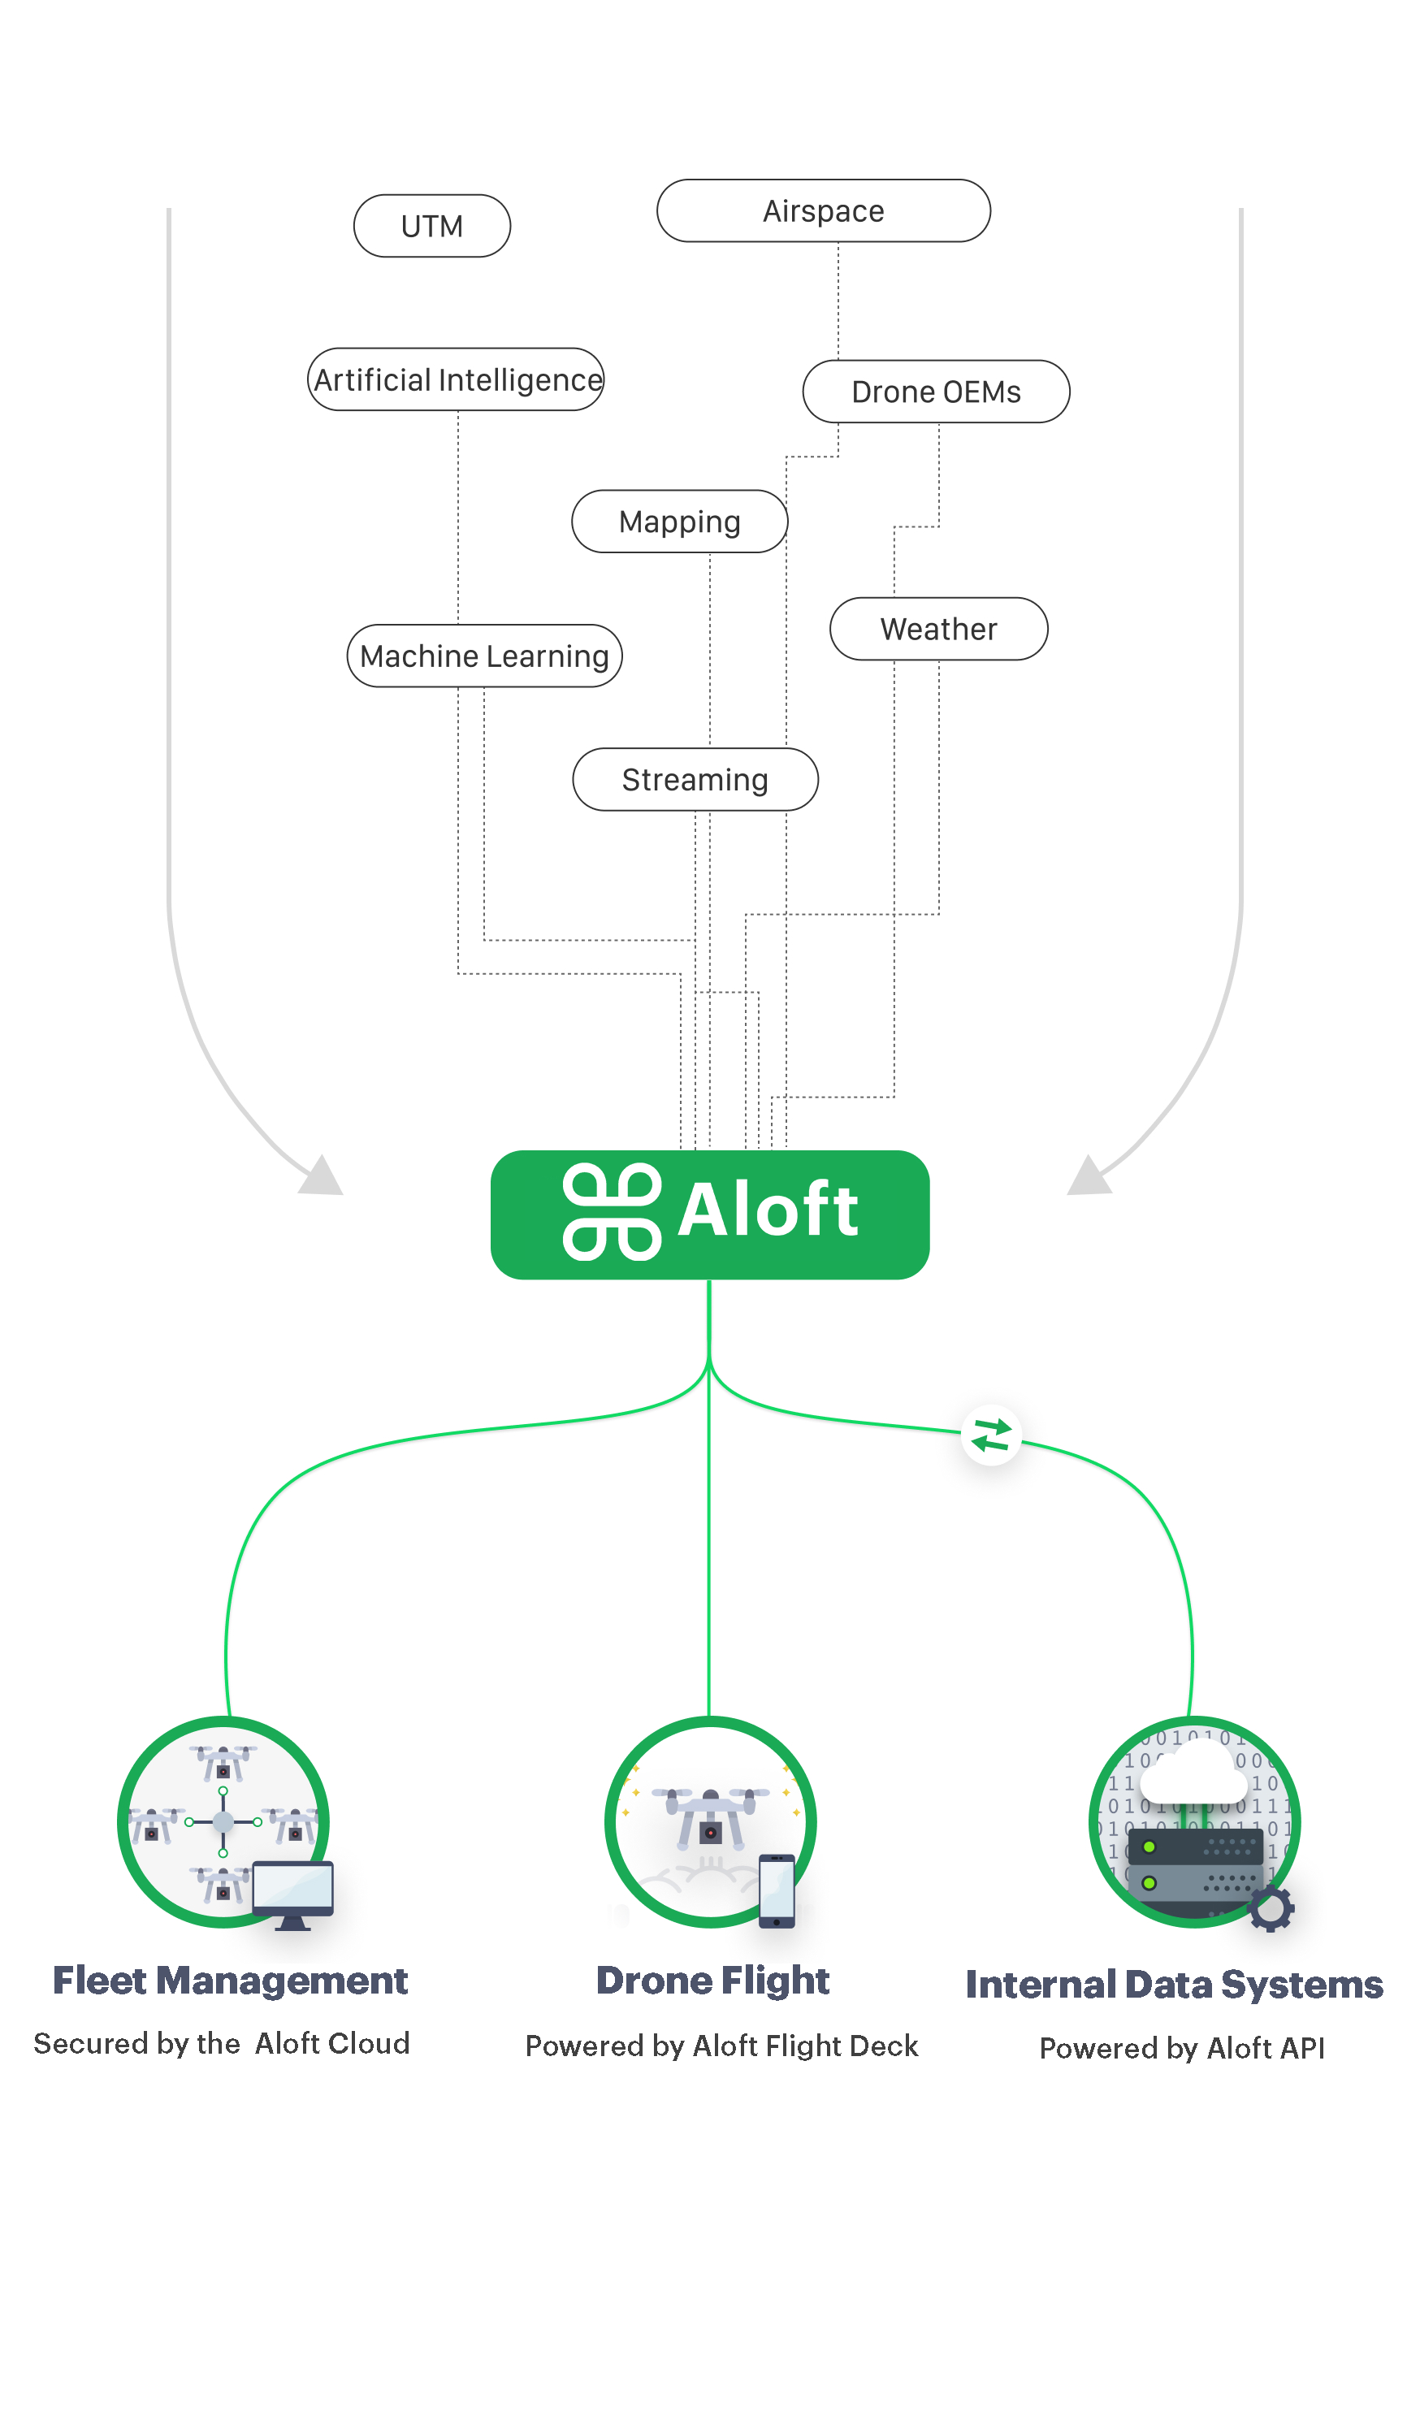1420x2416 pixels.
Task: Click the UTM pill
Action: pos(431,227)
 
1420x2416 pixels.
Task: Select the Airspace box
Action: pos(823,211)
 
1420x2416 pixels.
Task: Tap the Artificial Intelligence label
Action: pos(457,379)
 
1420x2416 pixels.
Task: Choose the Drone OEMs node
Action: pos(935,392)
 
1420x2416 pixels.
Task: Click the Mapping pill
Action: pos(679,522)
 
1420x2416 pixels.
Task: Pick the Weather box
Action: pos(937,629)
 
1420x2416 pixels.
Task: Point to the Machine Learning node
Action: pos(484,656)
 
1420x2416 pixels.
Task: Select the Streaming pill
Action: pos(695,779)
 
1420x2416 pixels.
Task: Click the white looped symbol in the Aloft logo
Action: pos(612,1212)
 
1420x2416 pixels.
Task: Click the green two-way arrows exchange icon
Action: pos(990,1435)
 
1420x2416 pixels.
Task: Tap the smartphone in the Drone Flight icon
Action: pos(776,1890)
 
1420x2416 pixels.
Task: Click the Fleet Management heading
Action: pos(230,1981)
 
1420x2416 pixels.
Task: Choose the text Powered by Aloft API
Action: pos(1181,2049)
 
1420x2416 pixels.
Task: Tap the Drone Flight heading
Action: pos(712,1981)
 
